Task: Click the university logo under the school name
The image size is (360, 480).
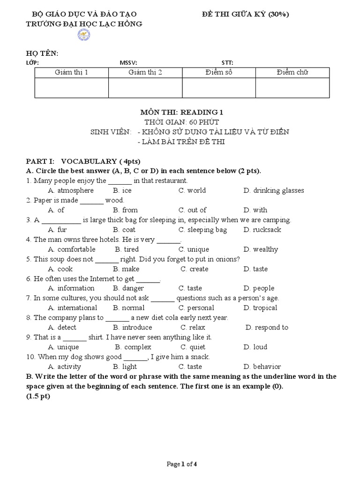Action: tap(84, 34)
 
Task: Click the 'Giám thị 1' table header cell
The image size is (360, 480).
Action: tap(71, 72)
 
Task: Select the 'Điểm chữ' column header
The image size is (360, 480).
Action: tap(292, 72)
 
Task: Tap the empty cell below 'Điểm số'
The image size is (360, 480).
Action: tap(218, 88)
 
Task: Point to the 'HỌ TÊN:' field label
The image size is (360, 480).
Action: tap(43, 53)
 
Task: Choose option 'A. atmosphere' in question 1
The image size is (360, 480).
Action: tap(71, 190)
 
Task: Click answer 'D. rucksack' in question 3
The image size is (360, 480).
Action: tap(262, 230)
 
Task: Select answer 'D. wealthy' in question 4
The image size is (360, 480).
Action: tap(261, 249)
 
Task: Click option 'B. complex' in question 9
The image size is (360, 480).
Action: tap(133, 347)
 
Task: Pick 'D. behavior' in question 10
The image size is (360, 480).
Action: tap(262, 367)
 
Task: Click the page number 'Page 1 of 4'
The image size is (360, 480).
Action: tap(182, 465)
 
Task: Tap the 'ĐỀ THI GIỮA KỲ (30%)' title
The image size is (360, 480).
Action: tap(245, 14)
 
